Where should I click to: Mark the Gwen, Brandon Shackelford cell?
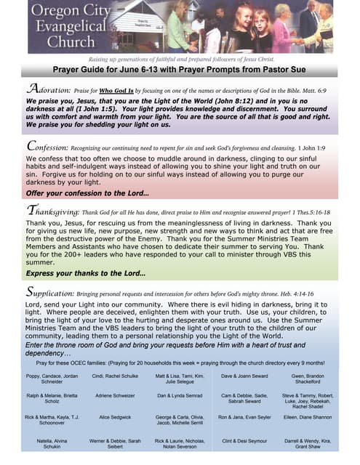coord(311,379)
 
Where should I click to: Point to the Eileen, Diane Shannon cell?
coord(311,417)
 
